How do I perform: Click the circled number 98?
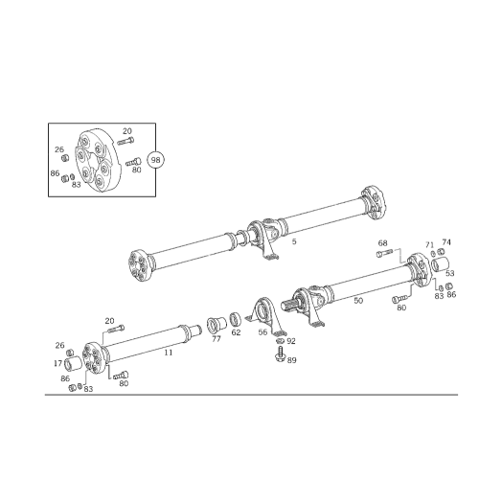[155, 160]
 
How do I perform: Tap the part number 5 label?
[294, 241]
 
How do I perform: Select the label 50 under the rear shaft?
[358, 301]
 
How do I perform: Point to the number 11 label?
[169, 353]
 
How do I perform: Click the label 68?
[382, 243]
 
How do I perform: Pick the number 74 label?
[446, 242]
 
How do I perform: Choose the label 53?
[450, 273]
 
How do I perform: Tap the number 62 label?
[236, 332]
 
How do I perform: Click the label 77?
[217, 339]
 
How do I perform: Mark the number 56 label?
[262, 332]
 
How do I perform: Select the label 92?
[291, 341]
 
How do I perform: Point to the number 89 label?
[291, 360]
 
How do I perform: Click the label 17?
[57, 363]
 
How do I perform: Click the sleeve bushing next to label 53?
[440, 264]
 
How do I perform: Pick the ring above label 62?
[237, 320]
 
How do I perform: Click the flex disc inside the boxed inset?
[95, 160]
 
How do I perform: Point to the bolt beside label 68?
[385, 254]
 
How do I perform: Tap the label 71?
[430, 245]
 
